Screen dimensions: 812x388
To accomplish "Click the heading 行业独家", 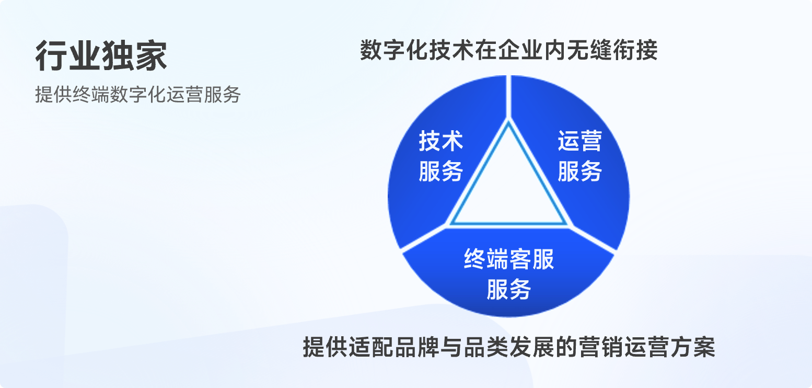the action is (101, 55).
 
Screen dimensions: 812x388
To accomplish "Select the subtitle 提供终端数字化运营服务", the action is (138, 95).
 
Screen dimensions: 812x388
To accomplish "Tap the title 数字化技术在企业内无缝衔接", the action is (508, 50).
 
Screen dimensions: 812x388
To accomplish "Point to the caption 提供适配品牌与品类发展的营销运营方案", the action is (508, 347).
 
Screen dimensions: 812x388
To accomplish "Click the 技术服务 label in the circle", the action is (441, 156).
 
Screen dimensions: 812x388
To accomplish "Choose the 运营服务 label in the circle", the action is (579, 156).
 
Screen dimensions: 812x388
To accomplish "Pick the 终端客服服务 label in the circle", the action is (508, 274).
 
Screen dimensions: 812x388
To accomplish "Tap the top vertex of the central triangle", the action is (508, 121).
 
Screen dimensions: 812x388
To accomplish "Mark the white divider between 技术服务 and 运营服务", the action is (508, 97).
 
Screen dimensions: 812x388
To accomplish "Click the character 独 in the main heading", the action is (118, 55).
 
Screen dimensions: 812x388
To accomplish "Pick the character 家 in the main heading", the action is (151, 55).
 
